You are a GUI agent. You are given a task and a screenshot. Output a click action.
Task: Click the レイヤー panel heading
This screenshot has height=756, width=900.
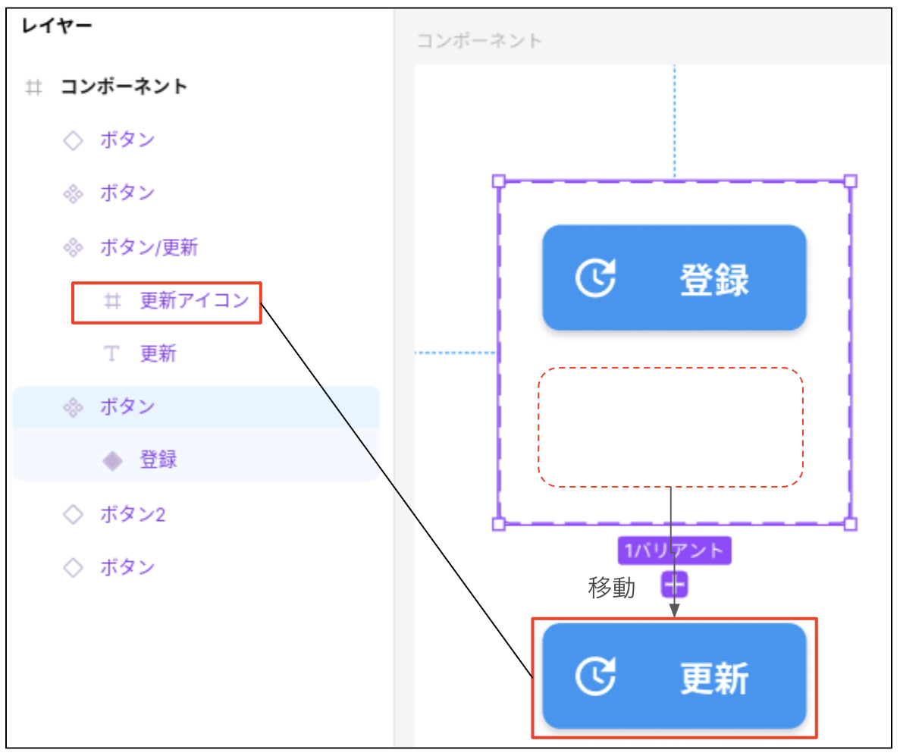click(x=57, y=26)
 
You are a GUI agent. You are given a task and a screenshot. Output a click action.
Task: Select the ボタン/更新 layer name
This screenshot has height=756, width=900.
click(x=149, y=247)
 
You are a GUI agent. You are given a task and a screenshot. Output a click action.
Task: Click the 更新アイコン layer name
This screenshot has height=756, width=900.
click(x=195, y=300)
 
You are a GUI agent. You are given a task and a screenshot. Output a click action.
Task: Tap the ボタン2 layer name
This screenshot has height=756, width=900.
click(x=133, y=514)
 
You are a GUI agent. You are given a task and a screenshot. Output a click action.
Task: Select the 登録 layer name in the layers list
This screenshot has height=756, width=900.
click(x=158, y=460)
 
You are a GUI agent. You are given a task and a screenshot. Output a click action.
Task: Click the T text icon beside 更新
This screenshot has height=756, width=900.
click(x=111, y=353)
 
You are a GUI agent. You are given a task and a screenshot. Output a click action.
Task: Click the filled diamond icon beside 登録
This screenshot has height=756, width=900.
click(x=112, y=460)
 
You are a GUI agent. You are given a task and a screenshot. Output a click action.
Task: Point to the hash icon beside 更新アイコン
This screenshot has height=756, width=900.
click(x=112, y=301)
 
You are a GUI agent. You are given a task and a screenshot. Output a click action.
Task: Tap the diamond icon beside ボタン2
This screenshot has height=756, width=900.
click(x=73, y=514)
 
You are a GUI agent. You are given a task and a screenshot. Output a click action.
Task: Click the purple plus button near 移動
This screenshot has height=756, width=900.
click(x=674, y=585)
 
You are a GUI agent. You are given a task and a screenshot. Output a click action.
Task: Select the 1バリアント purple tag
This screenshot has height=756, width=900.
click(x=674, y=551)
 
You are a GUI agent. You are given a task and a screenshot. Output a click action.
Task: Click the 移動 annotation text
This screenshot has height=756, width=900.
click(x=612, y=588)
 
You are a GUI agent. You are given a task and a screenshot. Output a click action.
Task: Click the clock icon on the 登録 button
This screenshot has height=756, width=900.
click(x=596, y=278)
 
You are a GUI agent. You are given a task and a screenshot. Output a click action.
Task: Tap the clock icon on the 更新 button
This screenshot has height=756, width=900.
click(x=596, y=676)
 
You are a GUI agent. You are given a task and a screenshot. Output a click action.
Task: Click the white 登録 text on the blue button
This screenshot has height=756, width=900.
click(x=714, y=280)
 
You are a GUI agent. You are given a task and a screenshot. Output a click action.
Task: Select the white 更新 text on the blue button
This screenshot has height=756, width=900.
click(x=714, y=678)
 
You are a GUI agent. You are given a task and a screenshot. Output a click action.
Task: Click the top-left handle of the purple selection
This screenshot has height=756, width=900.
click(x=499, y=181)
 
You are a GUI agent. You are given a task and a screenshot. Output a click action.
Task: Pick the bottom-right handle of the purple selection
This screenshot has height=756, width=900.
click(x=850, y=523)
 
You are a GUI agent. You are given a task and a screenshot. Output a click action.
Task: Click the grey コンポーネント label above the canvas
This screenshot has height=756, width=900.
click(x=479, y=41)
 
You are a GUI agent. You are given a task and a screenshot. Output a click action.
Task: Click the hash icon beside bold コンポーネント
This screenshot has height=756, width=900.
click(x=34, y=87)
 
